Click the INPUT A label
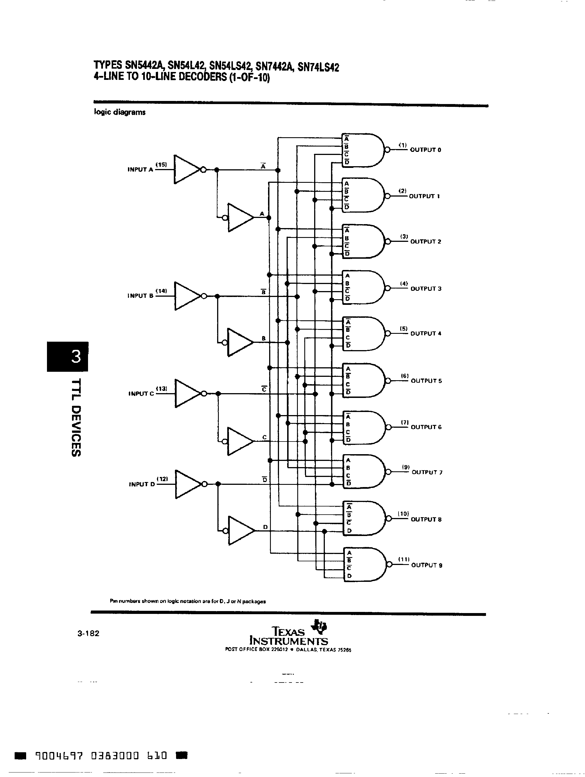pos(140,169)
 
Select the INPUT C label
pos(141,394)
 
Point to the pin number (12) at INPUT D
pos(162,479)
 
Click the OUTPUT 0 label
pos(426,150)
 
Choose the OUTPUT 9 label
pos(427,565)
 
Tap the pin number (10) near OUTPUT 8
pos(403,514)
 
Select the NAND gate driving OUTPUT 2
pos(364,241)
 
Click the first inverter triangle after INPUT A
pos(186,169)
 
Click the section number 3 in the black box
pos(76,357)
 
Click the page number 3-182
pos(89,633)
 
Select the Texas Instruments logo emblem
pos(320,626)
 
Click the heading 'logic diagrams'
pos(120,112)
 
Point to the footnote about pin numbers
pos(188,601)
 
